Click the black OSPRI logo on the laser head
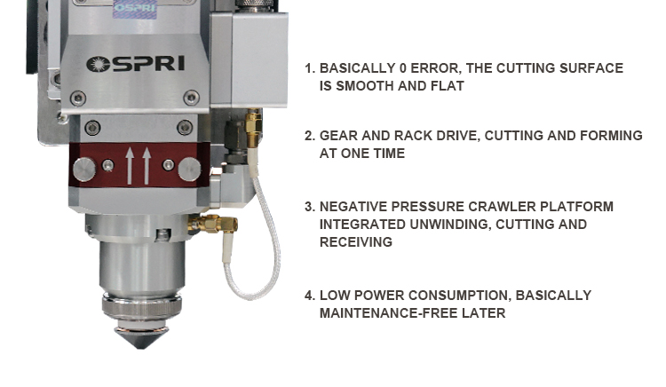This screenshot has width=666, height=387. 136,64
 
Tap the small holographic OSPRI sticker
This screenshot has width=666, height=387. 135,9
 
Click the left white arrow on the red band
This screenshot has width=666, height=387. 130,165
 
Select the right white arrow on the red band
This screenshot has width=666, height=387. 147,165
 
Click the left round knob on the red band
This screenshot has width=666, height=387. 84,170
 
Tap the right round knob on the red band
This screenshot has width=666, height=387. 189,170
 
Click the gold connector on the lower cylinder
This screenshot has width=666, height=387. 213,223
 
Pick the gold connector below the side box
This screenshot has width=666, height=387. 253,128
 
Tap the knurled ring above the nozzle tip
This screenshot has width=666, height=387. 141,305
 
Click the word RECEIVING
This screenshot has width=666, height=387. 356,242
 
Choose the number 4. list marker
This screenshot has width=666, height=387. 310,296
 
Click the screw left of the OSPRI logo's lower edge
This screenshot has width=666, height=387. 78,99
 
